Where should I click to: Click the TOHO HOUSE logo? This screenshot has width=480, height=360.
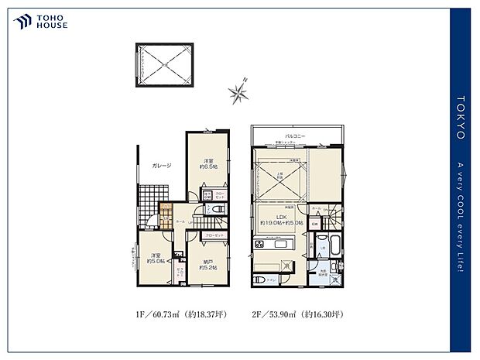[39, 21]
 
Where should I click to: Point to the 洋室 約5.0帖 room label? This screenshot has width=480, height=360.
[155, 258]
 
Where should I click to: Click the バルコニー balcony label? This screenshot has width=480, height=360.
[294, 135]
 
